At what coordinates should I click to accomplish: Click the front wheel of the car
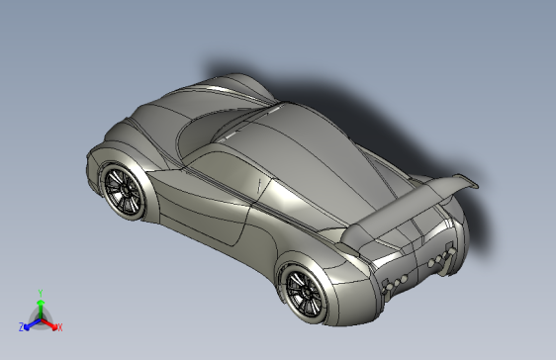coord(122,188)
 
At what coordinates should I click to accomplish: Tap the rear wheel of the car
coord(305,290)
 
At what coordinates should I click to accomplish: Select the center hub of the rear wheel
coord(303,290)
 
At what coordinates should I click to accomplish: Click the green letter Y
coord(40,293)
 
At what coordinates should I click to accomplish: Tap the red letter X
coord(59,326)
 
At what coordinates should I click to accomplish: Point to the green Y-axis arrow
coord(40,306)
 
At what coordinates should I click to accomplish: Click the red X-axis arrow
coord(51,322)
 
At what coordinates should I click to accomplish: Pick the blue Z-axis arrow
coord(30,322)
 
